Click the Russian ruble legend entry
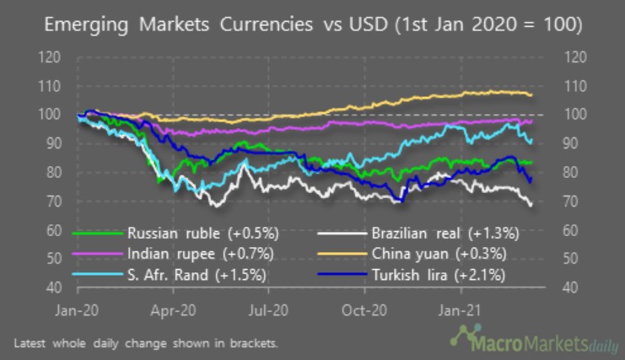coord(194,232)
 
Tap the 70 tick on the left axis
coord(53,201)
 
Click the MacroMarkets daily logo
coord(531,341)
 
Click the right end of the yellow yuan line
coord(531,95)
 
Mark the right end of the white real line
coord(531,204)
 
